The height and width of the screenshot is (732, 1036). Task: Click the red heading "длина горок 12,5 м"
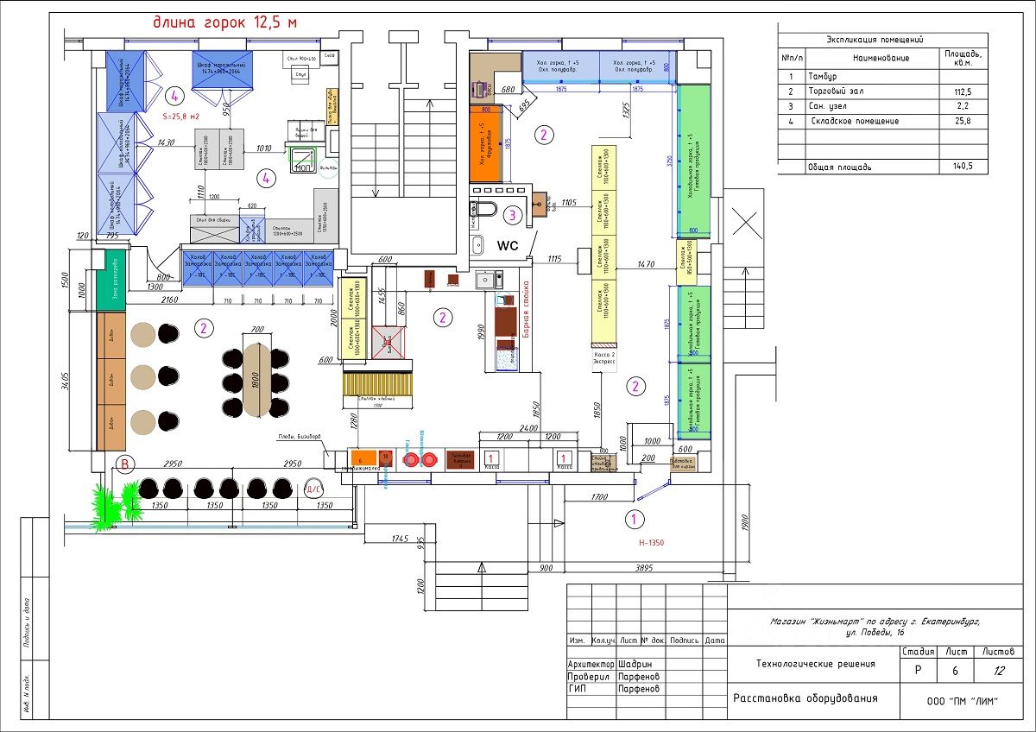click(x=227, y=22)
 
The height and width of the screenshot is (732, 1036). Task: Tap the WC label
click(x=508, y=245)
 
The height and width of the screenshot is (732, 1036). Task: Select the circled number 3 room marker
click(x=513, y=214)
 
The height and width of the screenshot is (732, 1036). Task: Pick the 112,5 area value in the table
click(x=961, y=91)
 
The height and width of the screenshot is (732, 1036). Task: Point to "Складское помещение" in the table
click(x=855, y=122)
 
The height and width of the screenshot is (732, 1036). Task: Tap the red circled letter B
click(x=126, y=465)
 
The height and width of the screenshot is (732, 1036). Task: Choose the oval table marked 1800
click(x=256, y=379)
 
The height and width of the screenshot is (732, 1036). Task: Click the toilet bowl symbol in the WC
click(x=486, y=208)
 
